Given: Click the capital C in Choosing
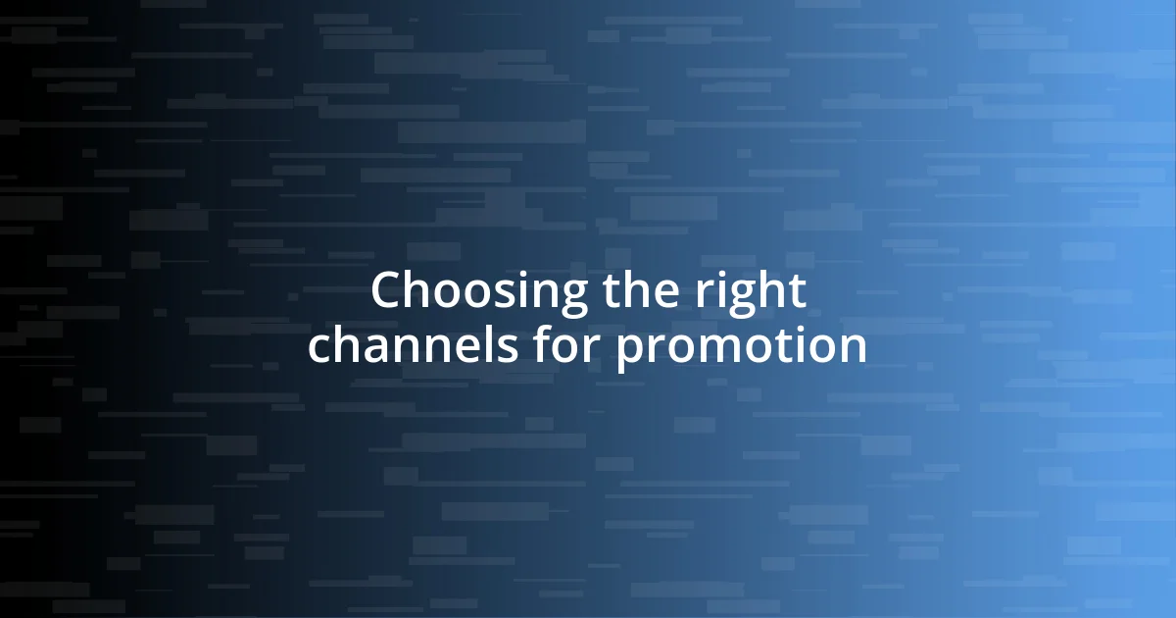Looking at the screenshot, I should click(x=386, y=291).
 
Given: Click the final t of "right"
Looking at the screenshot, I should click(x=797, y=292).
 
